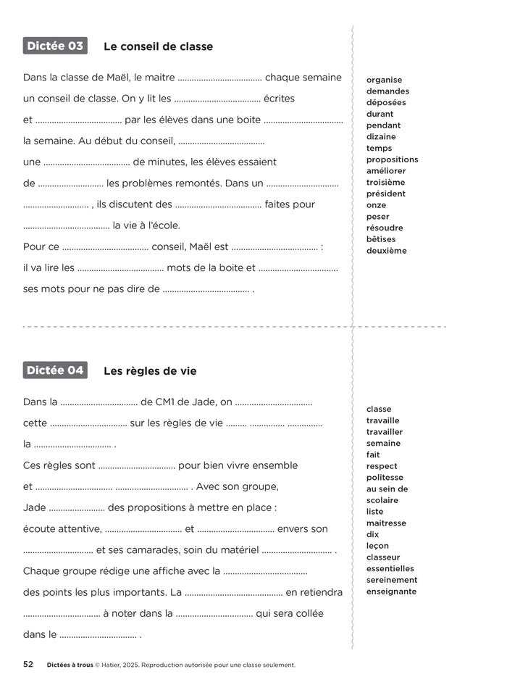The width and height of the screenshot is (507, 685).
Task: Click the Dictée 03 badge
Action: (55, 46)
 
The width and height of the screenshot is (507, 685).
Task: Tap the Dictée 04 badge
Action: (55, 370)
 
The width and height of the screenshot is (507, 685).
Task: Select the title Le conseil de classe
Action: (158, 46)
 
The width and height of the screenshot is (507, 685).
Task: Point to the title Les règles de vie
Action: (150, 371)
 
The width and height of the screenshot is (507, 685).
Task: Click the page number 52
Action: (28, 664)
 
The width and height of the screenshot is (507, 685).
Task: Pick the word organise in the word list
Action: (384, 80)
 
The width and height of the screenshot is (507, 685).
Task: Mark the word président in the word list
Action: (385, 194)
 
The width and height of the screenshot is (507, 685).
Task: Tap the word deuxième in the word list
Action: (386, 251)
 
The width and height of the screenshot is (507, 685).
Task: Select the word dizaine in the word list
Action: (381, 136)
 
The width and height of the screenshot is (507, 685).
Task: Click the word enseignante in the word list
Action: (391, 591)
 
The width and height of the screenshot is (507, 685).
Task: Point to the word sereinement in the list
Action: (392, 580)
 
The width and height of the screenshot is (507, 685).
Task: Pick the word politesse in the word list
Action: (385, 478)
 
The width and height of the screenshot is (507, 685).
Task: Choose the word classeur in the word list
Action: (383, 557)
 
